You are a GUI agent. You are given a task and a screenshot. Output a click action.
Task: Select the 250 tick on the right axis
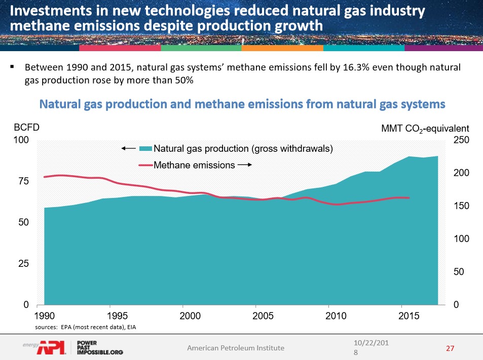pos(459,140)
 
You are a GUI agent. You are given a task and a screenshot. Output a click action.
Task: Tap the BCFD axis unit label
pos(26,128)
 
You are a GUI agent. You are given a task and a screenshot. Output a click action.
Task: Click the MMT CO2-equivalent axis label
pos(425,128)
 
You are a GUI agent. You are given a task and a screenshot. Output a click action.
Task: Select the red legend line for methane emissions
pos(145,165)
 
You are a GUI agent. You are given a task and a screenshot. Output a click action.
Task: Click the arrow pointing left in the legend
pos(128,148)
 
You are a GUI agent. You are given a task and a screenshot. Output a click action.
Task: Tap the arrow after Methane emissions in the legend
pos(245,165)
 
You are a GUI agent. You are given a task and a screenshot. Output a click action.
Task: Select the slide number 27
pos(449,348)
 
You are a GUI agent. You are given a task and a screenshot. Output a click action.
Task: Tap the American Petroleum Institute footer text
pos(236,347)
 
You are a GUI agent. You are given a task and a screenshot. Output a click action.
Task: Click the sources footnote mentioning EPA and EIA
pos(86,328)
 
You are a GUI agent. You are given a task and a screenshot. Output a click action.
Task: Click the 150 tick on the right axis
pos(459,206)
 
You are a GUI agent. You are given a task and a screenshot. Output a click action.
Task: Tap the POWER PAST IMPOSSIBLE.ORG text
pos(99,347)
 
